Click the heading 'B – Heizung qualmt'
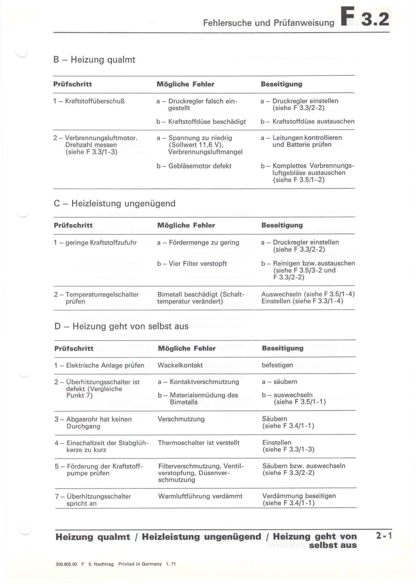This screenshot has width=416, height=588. click(x=94, y=60)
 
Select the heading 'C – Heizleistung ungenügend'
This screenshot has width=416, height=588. click(x=114, y=203)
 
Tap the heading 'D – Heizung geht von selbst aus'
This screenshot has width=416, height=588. click(x=121, y=326)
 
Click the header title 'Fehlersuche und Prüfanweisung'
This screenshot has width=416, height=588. click(x=268, y=23)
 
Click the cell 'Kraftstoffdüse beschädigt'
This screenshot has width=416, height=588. click(x=207, y=122)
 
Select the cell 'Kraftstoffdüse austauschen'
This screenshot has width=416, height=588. click(x=313, y=121)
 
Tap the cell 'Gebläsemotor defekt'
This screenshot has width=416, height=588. click(x=199, y=166)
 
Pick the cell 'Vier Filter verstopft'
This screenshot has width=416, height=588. click(x=197, y=263)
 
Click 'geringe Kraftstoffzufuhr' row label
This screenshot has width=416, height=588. click(x=101, y=243)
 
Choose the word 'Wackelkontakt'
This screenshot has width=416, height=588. click(x=180, y=365)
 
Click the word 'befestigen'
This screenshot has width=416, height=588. click(x=277, y=365)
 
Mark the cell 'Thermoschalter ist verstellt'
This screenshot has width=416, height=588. click(x=198, y=443)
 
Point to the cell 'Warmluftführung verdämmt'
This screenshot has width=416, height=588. click(x=200, y=496)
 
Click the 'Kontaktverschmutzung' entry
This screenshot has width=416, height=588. click(x=204, y=382)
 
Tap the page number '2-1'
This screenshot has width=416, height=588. click(x=384, y=536)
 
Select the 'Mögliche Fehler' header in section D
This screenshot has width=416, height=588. click(x=187, y=348)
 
